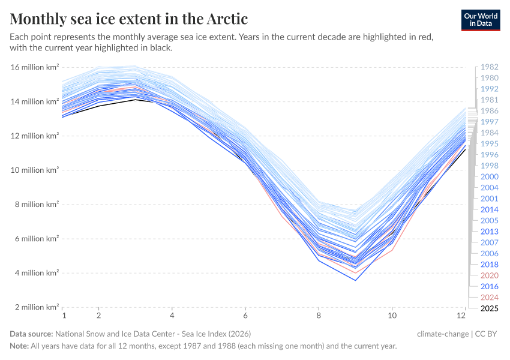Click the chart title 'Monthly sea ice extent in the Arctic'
[129, 19]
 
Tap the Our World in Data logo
[481, 20]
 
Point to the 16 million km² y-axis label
[35, 67]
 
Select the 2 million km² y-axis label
[35, 307]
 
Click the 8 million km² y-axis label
[35, 205]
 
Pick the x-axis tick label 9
[356, 315]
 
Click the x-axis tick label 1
[63, 315]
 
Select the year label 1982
[489, 67]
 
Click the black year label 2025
[489, 308]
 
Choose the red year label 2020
[489, 275]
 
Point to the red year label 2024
[489, 298]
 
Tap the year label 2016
[489, 286]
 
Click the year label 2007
[489, 242]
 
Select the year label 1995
[489, 144]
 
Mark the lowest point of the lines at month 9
[356, 280]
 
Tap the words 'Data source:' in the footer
[31, 334]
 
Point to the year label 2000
[489, 177]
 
